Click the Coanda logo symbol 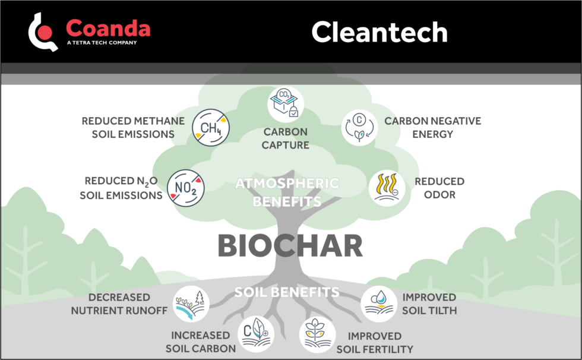pyautogui.click(x=43, y=31)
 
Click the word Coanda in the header pyautogui.click(x=108, y=28)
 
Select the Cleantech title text pyautogui.click(x=379, y=31)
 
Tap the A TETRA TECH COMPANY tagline pyautogui.click(x=102, y=43)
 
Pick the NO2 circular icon pyautogui.click(x=186, y=188)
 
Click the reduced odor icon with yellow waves pyautogui.click(x=387, y=188)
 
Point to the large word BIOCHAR pyautogui.click(x=290, y=245)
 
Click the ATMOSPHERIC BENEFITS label pyautogui.click(x=287, y=192)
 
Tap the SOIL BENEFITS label pyautogui.click(x=287, y=292)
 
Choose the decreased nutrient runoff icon pyautogui.click(x=191, y=303)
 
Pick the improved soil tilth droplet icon pyautogui.click(x=378, y=304)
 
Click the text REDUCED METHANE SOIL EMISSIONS pyautogui.click(x=133, y=127)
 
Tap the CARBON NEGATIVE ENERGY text pyautogui.click(x=432, y=127)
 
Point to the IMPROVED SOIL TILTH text pyautogui.click(x=429, y=304)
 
